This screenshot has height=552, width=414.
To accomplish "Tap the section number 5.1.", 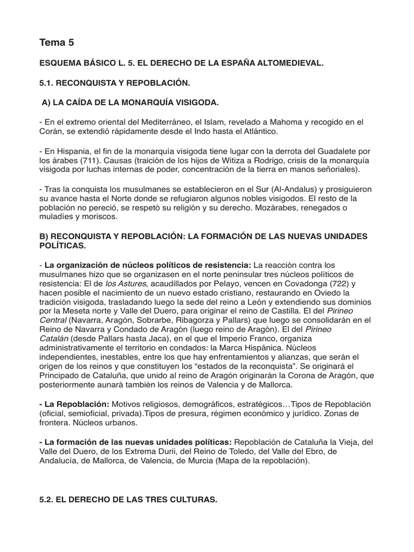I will (47, 84).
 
